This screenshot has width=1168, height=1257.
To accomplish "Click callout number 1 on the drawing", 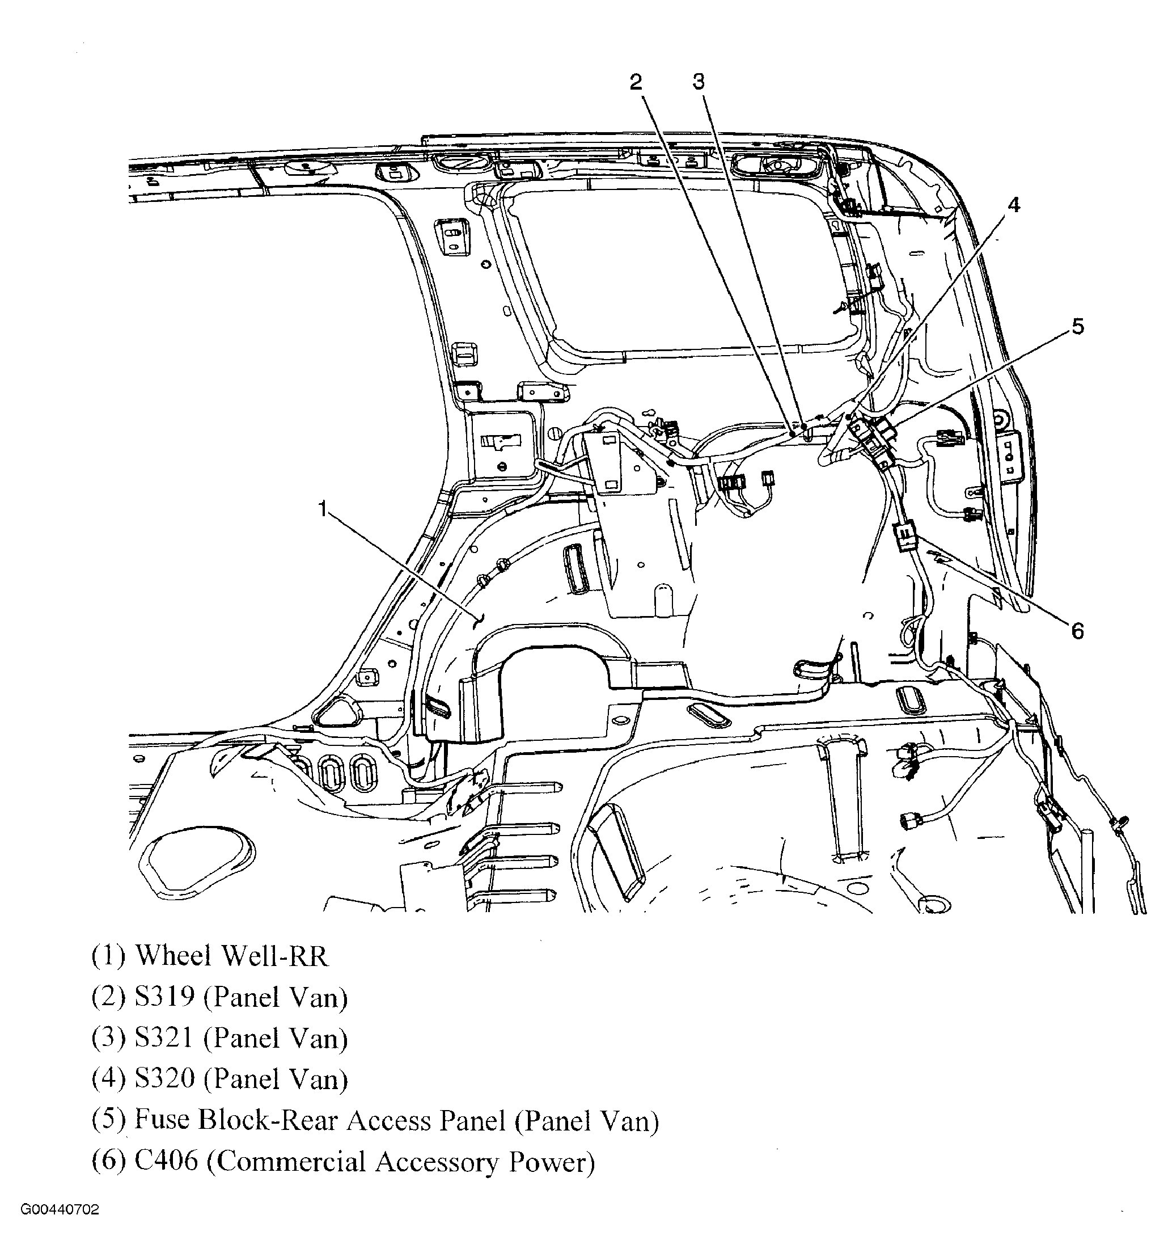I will point(323,508).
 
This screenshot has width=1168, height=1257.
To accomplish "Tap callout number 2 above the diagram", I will point(636,82).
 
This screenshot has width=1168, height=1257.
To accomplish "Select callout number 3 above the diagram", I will point(699,82).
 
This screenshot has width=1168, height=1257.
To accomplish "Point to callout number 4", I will point(1013,205).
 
